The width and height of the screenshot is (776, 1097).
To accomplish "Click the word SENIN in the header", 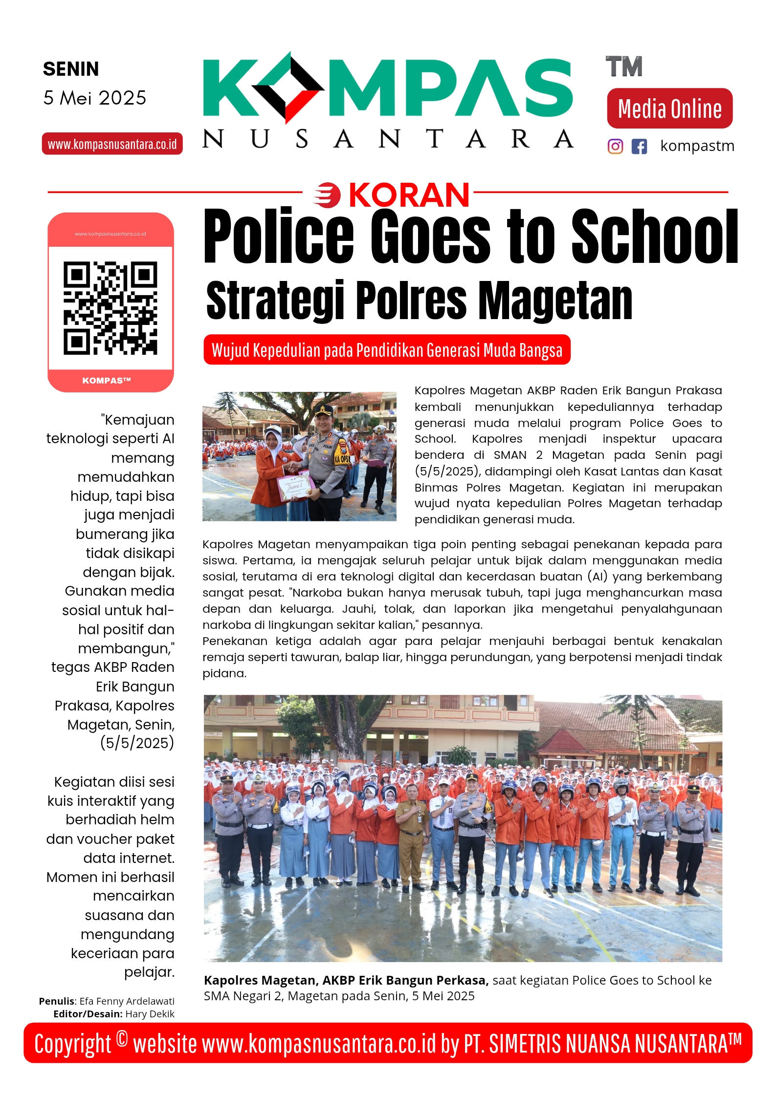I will tap(71, 69).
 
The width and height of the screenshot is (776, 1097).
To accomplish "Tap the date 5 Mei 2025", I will tap(94, 98).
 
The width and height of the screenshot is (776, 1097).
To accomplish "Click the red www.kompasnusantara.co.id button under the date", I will tap(112, 144).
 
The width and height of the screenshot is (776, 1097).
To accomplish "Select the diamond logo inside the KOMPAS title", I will tap(288, 87).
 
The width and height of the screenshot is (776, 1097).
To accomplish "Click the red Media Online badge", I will tap(669, 108).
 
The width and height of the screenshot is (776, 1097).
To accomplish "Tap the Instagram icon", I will tap(615, 146).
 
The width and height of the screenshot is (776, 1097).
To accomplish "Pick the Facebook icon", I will tap(639, 146).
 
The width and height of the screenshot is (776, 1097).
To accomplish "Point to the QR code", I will tap(111, 307).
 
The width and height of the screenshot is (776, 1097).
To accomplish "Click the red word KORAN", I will tap(409, 195).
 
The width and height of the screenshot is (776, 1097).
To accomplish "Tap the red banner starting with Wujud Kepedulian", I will tap(387, 350).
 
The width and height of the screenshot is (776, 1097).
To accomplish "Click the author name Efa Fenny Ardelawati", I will tap(127, 1001).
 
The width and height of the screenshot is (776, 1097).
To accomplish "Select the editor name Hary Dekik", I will tap(150, 1014).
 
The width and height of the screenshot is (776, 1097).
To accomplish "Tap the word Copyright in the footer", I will tap(73, 1044).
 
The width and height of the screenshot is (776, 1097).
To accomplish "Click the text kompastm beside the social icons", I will tap(697, 146).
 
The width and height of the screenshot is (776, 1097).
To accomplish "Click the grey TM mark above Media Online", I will tap(623, 67).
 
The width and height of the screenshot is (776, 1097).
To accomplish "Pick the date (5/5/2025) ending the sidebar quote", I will tap(137, 743).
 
